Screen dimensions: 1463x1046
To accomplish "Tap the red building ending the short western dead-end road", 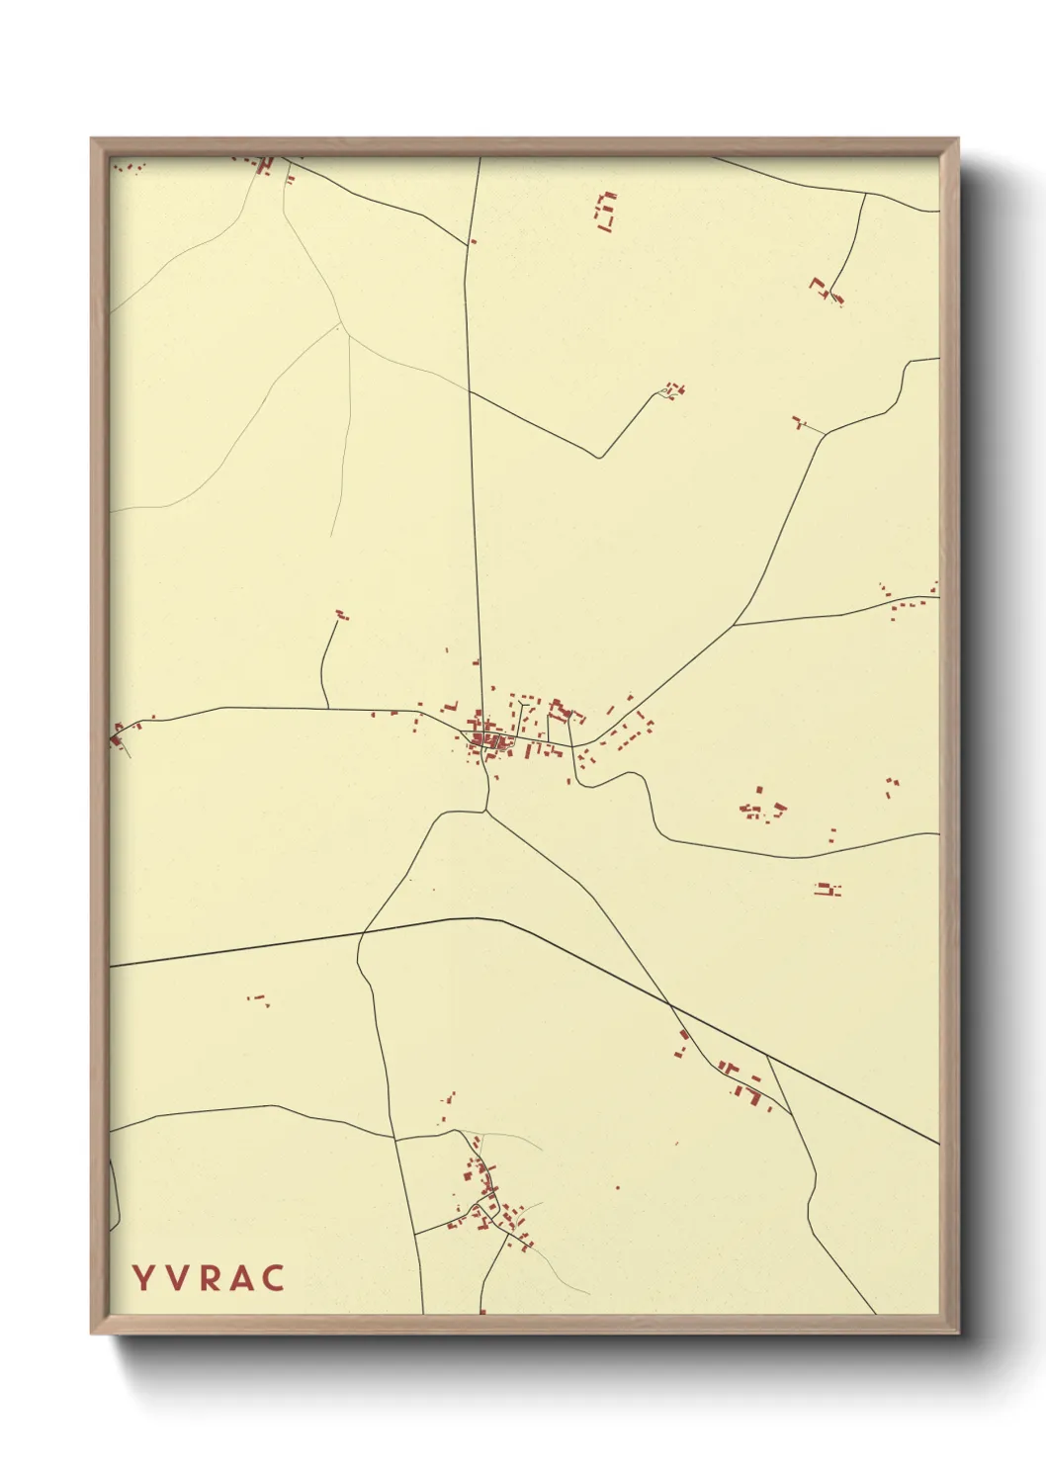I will click(x=342, y=615).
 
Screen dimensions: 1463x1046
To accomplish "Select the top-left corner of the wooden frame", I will click(x=92, y=139).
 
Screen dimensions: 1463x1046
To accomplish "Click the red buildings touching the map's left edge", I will click(x=118, y=734).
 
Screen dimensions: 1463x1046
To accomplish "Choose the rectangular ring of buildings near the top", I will click(x=605, y=212).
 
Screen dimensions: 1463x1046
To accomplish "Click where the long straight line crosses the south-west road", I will click(x=358, y=934).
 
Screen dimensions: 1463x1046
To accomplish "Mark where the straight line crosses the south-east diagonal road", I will click(x=671, y=1005).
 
